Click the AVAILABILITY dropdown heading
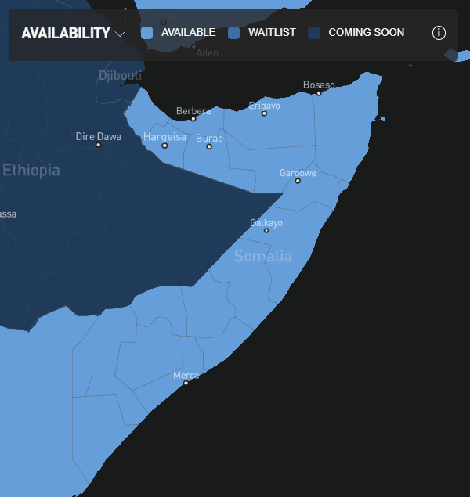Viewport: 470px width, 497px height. pyautogui.click(x=66, y=34)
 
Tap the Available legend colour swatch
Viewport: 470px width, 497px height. pyautogui.click(x=146, y=33)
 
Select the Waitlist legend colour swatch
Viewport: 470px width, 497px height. pyautogui.click(x=233, y=33)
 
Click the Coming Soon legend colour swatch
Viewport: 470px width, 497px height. pyautogui.click(x=314, y=33)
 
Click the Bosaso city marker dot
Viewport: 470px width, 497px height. pyautogui.click(x=319, y=93)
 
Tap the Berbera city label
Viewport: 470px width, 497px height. pyautogui.click(x=193, y=111)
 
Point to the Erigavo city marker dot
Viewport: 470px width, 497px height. pyautogui.click(x=264, y=113)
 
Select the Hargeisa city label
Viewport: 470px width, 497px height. pyautogui.click(x=164, y=137)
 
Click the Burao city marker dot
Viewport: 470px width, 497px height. pyautogui.click(x=209, y=146)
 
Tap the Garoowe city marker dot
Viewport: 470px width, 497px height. pyautogui.click(x=298, y=181)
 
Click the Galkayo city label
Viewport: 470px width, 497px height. pyautogui.click(x=266, y=223)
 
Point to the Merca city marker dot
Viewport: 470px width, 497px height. pyautogui.click(x=186, y=383)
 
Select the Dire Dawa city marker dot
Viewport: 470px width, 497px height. pyautogui.click(x=98, y=145)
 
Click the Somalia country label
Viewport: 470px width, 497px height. pyautogui.click(x=262, y=256)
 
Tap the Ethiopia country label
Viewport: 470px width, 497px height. pyautogui.click(x=31, y=170)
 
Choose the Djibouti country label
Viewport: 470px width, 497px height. pyautogui.click(x=120, y=75)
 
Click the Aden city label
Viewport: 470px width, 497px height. pyautogui.click(x=207, y=53)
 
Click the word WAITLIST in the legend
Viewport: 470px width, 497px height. pyautogui.click(x=272, y=33)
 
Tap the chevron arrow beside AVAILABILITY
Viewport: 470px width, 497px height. pyautogui.click(x=120, y=34)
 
